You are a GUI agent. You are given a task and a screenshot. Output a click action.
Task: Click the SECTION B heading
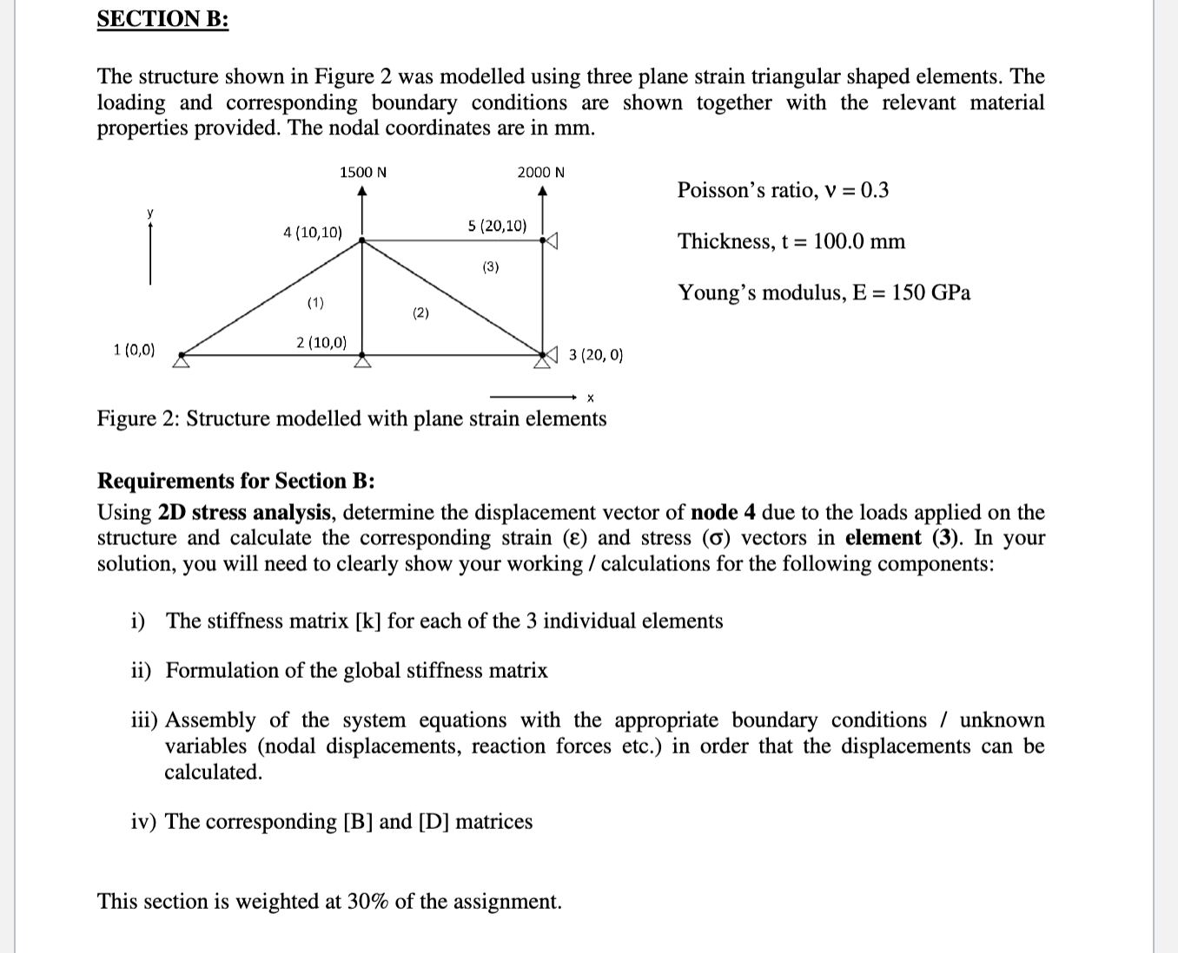(162, 19)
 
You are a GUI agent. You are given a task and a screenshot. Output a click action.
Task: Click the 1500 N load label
(363, 172)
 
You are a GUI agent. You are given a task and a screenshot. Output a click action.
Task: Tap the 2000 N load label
(540, 172)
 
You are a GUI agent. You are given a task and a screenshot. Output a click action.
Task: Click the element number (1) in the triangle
(315, 303)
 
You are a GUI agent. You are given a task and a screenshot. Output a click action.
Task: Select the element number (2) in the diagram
(420, 313)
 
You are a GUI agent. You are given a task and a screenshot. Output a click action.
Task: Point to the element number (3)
(491, 267)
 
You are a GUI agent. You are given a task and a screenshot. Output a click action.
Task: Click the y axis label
(149, 213)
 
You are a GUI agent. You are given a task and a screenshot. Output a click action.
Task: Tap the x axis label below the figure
(590, 398)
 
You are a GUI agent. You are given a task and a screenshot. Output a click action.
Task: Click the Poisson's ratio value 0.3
(874, 190)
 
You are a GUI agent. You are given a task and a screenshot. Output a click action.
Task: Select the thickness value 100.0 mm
(858, 241)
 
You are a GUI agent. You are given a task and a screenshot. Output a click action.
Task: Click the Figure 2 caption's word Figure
(124, 418)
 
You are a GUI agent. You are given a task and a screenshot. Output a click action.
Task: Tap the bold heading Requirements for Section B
(235, 481)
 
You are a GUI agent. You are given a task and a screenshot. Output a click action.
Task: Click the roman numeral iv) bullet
(144, 821)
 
